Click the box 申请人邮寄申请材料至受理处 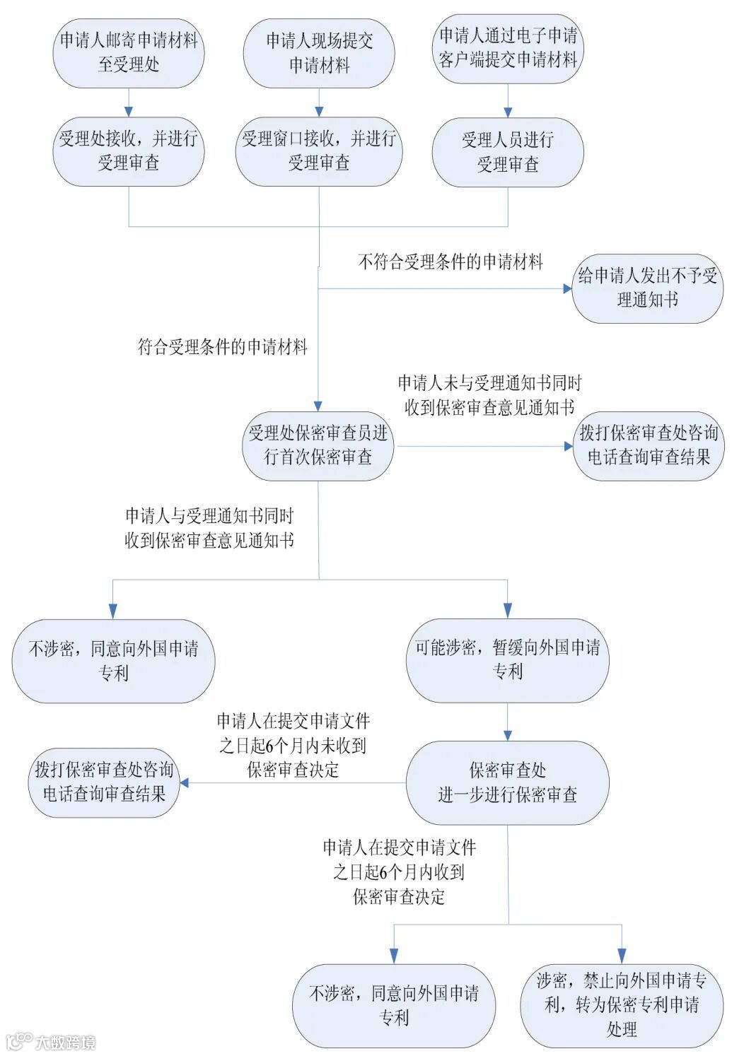pyautogui.click(x=129, y=53)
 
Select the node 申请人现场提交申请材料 pyautogui.click(x=319, y=53)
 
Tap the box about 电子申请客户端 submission pyautogui.click(x=508, y=48)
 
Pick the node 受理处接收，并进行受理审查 pyautogui.click(x=129, y=151)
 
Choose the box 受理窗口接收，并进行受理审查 pyautogui.click(x=319, y=151)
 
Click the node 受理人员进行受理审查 pyautogui.click(x=508, y=152)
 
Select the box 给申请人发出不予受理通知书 pyautogui.click(x=648, y=288)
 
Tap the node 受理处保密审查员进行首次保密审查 pyautogui.click(x=318, y=446)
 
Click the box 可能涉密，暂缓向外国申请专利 pyautogui.click(x=508, y=660)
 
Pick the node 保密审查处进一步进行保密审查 pyautogui.click(x=508, y=782)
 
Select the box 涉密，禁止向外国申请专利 pyautogui.click(x=622, y=1004)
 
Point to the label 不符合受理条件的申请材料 pyautogui.click(x=451, y=262)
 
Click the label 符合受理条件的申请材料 pyautogui.click(x=222, y=347)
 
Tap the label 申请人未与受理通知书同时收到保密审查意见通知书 pyautogui.click(x=489, y=395)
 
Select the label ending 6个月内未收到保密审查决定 pyautogui.click(x=293, y=745)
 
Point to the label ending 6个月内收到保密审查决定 pyautogui.click(x=399, y=872)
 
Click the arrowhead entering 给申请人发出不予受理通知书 pyautogui.click(x=567, y=288)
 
